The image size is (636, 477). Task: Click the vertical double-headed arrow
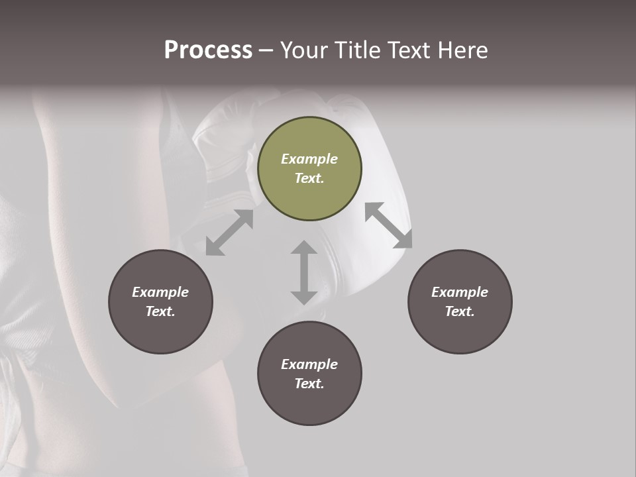pos(304,272)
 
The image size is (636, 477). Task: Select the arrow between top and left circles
pos(229,233)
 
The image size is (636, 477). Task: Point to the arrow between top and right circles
pos(388,225)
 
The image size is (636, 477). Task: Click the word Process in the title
pos(208,50)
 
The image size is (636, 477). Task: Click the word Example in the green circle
pos(309,159)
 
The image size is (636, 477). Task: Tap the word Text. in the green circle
pos(309,178)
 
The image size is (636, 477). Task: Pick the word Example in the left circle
pos(160,292)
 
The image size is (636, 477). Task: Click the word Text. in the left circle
pos(160,311)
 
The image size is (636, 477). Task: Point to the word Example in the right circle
pos(460,292)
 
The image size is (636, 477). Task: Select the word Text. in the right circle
pos(460,311)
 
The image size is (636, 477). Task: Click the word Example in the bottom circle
pos(309,364)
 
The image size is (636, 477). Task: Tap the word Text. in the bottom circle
pos(309,384)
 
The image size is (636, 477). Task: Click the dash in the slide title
pos(266,50)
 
